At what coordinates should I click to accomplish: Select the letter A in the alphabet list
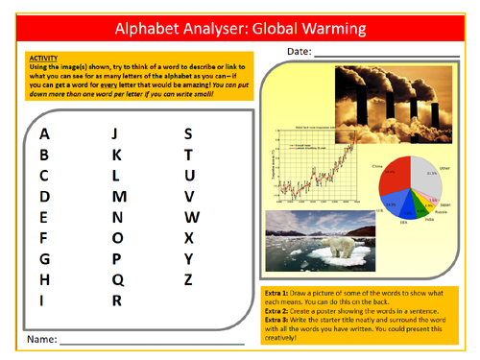pos(44,134)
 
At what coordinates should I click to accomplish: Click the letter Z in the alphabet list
pos(188,280)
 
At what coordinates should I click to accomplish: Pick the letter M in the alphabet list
pos(119,197)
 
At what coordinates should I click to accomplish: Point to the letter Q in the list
pos(117,280)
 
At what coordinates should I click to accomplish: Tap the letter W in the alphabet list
pos(191,217)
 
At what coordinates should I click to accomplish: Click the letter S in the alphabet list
pos(188,134)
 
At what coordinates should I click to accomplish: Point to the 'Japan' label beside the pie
pos(444,204)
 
